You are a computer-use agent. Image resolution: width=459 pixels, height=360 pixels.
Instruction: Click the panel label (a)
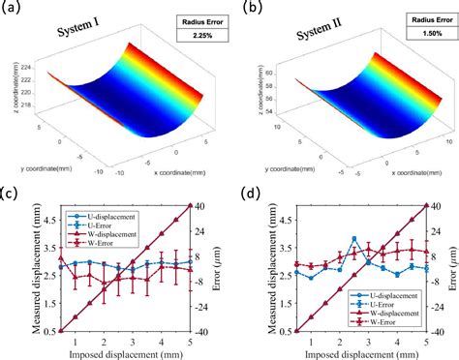15,9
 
